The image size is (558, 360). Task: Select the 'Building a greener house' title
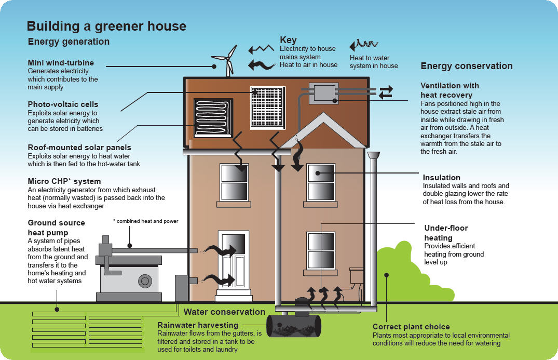[106, 26]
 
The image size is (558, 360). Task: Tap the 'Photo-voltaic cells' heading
[63, 104]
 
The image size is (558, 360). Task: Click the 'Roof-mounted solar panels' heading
[79, 148]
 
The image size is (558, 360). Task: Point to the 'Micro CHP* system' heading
[64, 181]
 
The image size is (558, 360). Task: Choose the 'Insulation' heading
[441, 178]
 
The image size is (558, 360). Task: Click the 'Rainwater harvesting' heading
[197, 325]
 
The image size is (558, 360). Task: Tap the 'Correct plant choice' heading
[411, 327]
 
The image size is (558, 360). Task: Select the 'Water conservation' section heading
[224, 312]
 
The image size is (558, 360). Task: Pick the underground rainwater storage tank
[294, 326]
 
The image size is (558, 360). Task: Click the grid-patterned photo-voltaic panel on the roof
[267, 108]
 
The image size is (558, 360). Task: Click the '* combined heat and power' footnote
[145, 221]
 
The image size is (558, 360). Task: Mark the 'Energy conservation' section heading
[466, 66]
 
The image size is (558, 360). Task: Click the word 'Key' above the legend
[288, 40]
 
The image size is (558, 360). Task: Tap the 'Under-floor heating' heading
[446, 233]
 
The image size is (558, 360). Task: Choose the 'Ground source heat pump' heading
[56, 228]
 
